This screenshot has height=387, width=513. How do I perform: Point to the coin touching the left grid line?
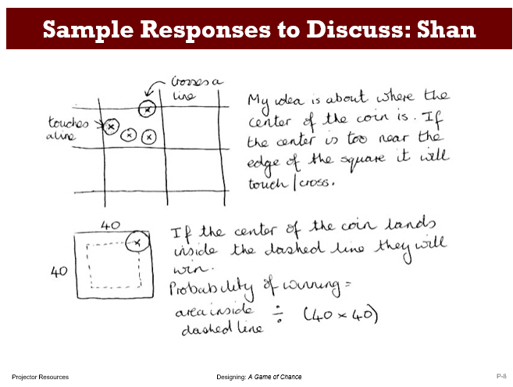[111, 126]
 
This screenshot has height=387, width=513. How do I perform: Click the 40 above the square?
[110, 224]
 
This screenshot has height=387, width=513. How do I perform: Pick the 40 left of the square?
[56, 273]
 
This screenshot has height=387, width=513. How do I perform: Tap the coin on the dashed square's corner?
[137, 243]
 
